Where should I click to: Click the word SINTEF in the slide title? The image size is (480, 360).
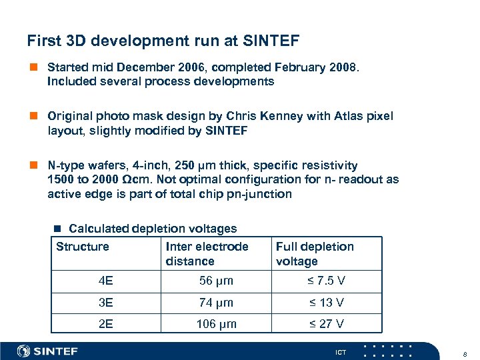pos(270,41)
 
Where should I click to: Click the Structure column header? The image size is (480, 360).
pos(83,247)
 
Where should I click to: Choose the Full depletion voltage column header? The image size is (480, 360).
pos(315,254)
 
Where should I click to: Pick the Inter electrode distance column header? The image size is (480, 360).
pos(207,254)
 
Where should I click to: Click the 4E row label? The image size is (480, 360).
pos(105,281)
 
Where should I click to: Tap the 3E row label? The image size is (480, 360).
pos(105,303)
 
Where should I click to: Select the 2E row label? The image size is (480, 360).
pos(105,324)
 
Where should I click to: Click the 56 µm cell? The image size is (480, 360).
pos(216,281)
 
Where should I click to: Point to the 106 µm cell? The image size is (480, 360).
pos(216,324)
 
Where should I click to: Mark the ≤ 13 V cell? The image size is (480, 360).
pos(326,303)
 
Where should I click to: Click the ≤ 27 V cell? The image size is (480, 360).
pos(326,324)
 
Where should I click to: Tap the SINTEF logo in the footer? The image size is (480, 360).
pos(48,351)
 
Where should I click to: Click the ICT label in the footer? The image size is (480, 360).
pos(341,351)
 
